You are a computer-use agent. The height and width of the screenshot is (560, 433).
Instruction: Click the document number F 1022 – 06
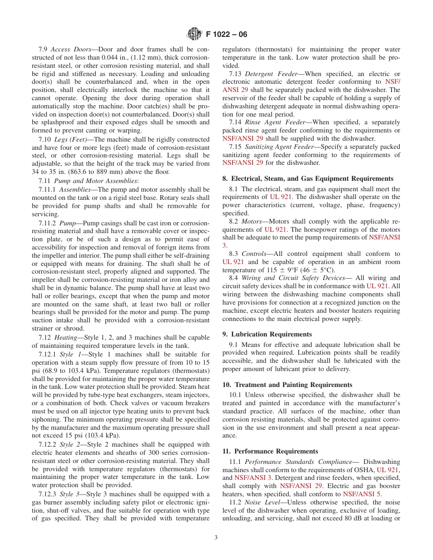[227, 34]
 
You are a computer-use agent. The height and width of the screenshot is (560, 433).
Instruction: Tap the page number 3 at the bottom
[216, 538]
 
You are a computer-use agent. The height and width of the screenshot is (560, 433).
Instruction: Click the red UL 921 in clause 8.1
[282, 197]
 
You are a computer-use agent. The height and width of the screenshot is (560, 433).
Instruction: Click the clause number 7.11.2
[47, 223]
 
